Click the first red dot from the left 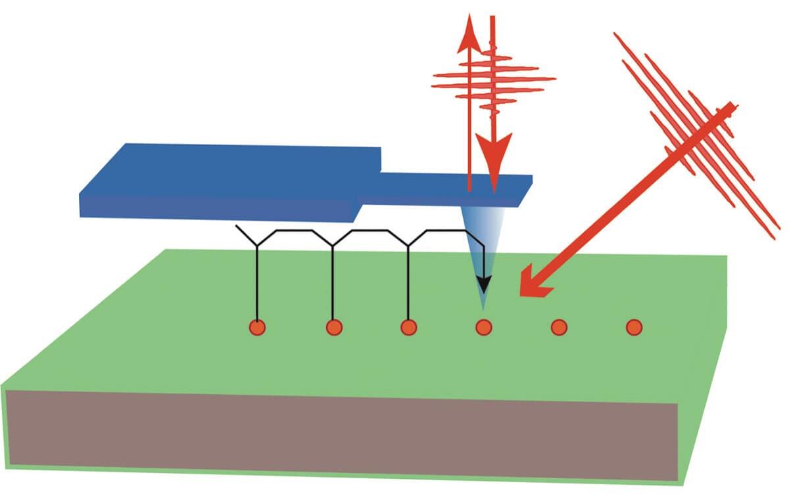click(x=257, y=326)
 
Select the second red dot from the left click(x=333, y=326)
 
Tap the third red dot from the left click(x=408, y=326)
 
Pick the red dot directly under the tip click(x=484, y=326)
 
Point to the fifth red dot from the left click(x=559, y=326)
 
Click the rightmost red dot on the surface click(x=634, y=326)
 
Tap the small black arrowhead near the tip click(x=484, y=284)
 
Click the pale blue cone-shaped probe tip click(x=483, y=236)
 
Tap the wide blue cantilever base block click(x=224, y=181)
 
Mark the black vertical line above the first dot click(x=257, y=282)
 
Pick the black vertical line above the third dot click(x=408, y=282)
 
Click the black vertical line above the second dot click(x=333, y=282)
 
